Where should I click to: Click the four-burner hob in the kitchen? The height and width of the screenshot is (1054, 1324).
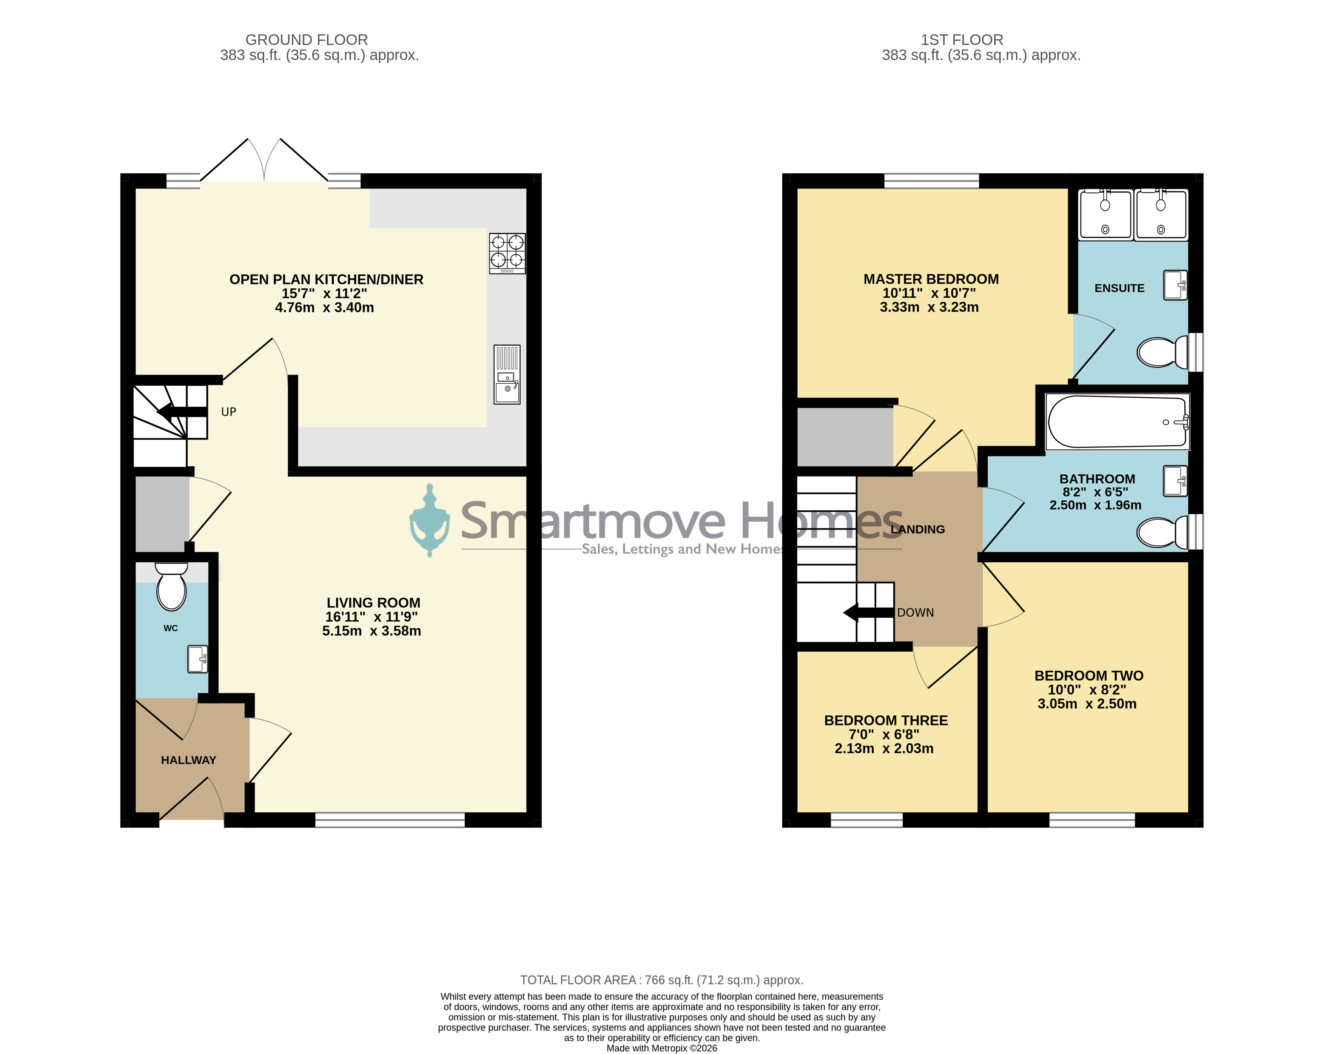click(x=507, y=253)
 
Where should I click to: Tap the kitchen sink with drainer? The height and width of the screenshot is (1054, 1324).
click(x=507, y=374)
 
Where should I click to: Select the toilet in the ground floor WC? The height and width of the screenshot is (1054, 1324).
click(x=171, y=586)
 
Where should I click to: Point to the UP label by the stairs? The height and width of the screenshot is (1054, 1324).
click(x=228, y=412)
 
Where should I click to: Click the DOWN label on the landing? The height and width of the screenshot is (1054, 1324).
click(x=915, y=613)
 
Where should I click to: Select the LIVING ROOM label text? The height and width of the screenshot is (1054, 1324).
click(x=373, y=603)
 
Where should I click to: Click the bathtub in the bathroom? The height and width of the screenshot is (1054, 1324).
click(x=1117, y=421)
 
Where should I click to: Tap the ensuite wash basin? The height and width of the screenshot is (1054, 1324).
click(x=1175, y=285)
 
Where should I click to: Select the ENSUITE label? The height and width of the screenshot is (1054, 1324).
click(x=1119, y=288)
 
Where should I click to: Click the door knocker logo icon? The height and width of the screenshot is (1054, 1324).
click(x=430, y=520)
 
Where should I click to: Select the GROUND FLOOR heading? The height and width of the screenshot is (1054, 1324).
click(x=307, y=40)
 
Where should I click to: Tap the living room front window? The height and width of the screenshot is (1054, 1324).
click(x=390, y=820)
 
